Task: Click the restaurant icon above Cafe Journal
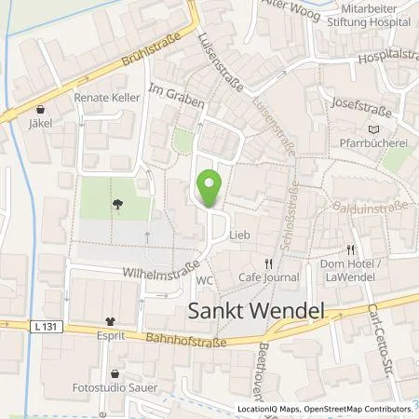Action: click(269, 263)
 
